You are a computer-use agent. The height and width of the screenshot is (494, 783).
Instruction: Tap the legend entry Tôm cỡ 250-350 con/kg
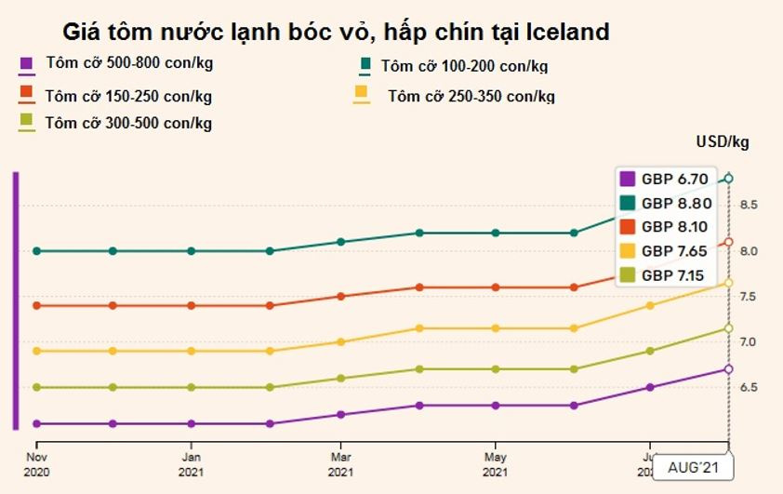click(x=471, y=96)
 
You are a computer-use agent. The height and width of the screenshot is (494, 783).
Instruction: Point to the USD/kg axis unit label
click(x=722, y=142)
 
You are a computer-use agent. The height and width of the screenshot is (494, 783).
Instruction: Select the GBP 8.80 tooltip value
click(x=675, y=203)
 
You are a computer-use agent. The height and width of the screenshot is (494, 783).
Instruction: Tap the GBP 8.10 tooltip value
click(x=675, y=226)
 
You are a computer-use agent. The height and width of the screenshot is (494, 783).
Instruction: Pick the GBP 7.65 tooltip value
click(x=675, y=250)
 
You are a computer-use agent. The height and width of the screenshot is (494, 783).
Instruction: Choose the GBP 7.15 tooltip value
click(x=675, y=274)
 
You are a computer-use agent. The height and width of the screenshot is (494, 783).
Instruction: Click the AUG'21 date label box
click(x=693, y=467)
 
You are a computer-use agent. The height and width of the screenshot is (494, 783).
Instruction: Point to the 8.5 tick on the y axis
click(x=749, y=205)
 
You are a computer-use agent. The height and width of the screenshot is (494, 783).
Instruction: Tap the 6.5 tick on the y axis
click(x=749, y=387)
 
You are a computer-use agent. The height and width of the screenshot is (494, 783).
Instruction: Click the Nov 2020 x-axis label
click(x=36, y=463)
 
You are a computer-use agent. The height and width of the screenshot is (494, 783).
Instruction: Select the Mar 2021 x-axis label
click(x=341, y=463)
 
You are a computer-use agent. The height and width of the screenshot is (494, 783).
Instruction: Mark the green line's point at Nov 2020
click(x=36, y=250)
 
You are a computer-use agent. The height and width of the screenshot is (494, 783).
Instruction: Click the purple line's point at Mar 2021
click(x=341, y=415)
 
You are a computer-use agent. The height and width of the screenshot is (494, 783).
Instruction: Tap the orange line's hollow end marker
click(x=729, y=242)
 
